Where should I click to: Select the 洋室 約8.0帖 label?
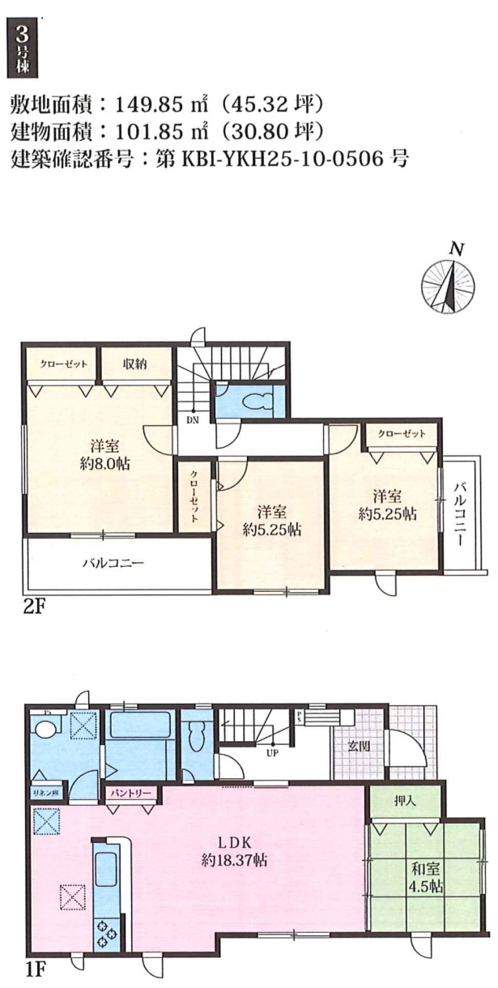(x=104, y=455)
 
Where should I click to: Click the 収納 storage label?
(x=134, y=364)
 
